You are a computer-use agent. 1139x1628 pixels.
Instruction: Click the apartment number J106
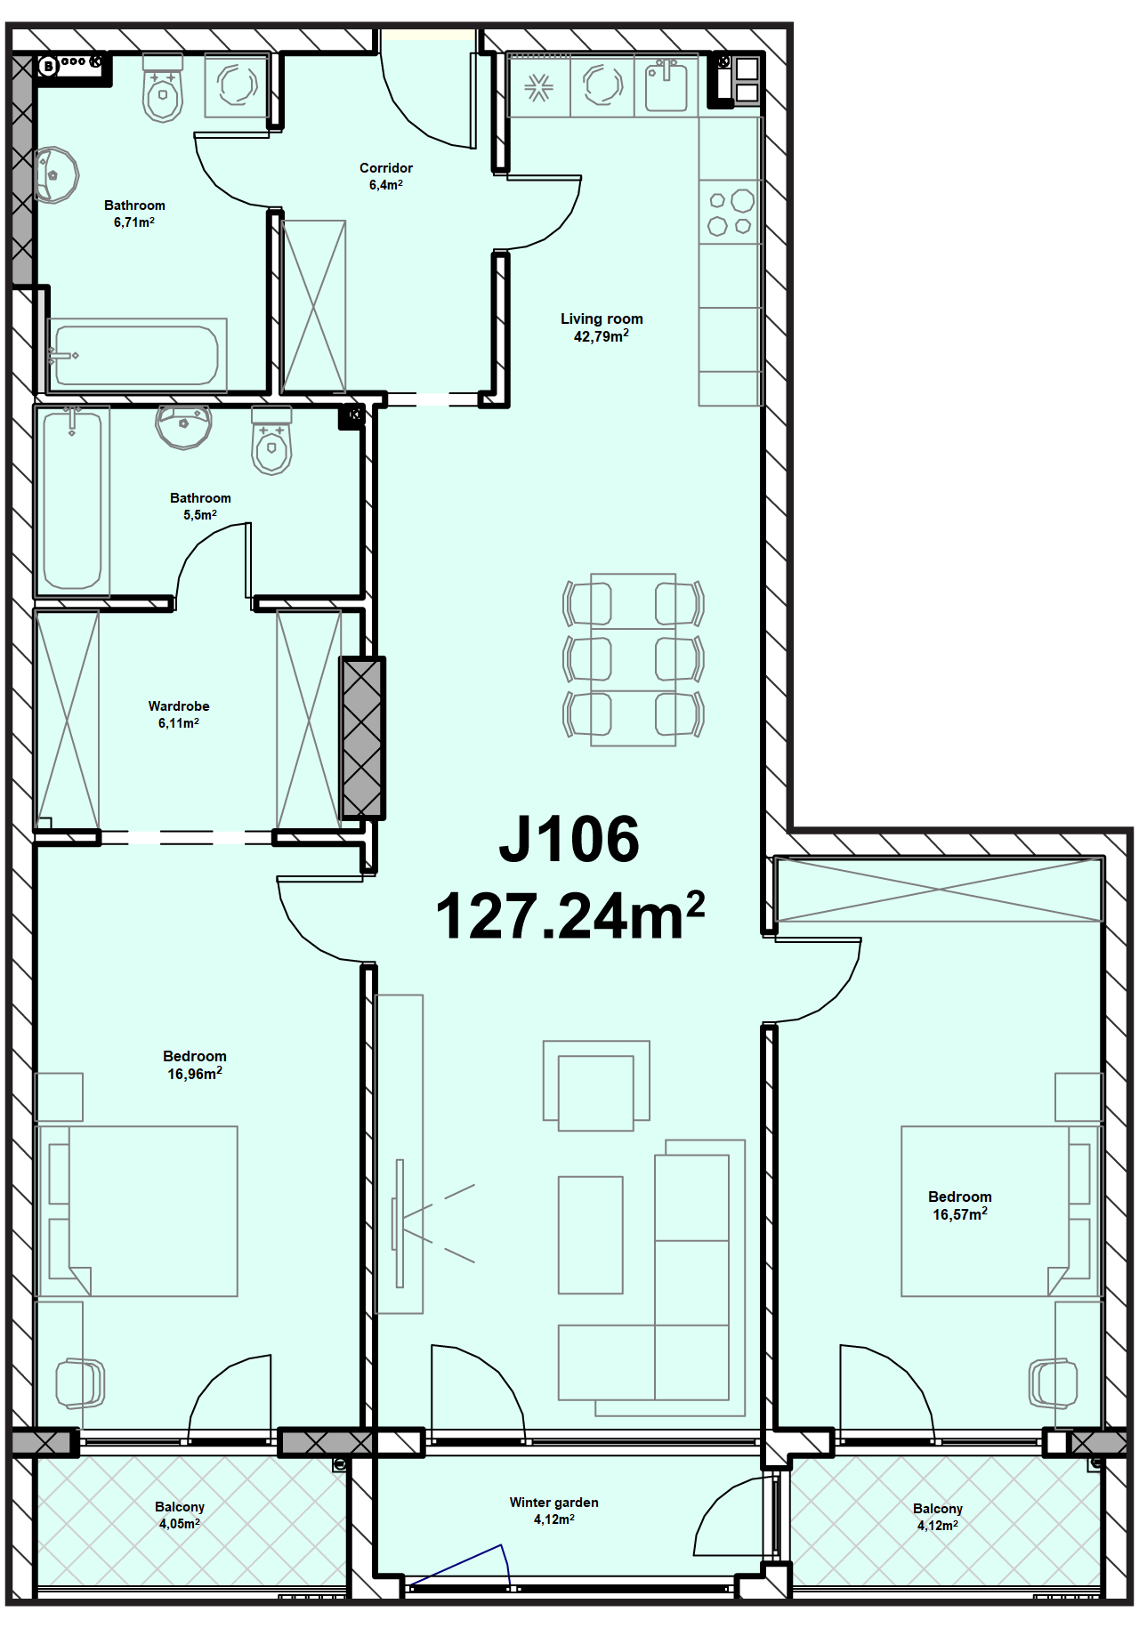click(x=569, y=839)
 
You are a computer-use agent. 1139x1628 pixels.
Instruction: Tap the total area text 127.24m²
click(x=569, y=915)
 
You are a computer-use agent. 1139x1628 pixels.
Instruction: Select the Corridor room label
click(x=386, y=167)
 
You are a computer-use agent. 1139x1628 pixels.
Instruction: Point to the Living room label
click(x=602, y=318)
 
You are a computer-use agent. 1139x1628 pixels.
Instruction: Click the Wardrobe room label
click(x=179, y=706)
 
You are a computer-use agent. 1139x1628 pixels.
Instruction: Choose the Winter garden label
click(x=553, y=1503)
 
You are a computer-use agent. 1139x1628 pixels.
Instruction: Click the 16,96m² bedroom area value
click(x=195, y=1074)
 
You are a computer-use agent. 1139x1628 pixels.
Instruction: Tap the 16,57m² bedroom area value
click(x=960, y=1214)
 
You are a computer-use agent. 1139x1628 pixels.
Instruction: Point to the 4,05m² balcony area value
click(x=180, y=1524)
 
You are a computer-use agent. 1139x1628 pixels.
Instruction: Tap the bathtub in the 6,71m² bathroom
click(x=137, y=355)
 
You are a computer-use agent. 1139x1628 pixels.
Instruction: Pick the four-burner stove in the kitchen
click(x=731, y=213)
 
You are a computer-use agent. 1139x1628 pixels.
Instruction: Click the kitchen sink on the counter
click(x=666, y=85)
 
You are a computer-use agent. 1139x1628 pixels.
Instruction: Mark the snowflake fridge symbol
click(x=538, y=87)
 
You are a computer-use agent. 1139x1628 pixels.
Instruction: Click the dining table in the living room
click(x=634, y=659)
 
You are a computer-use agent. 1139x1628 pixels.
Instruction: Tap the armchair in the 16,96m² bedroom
click(x=80, y=1383)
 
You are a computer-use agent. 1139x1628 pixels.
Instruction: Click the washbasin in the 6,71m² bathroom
click(x=56, y=175)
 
